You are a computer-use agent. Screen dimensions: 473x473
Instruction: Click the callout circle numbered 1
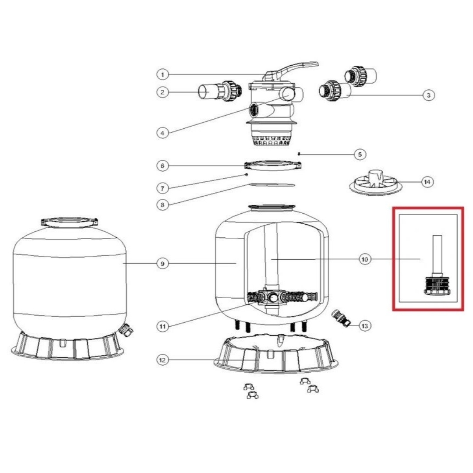[162, 74]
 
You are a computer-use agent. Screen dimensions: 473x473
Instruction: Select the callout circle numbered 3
[428, 95]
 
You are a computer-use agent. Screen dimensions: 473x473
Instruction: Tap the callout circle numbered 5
[360, 155]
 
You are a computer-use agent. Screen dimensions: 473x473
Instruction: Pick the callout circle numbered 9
[162, 264]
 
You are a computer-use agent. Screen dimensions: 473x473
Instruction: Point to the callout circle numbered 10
[365, 259]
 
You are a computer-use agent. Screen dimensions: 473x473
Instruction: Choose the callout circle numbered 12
[162, 360]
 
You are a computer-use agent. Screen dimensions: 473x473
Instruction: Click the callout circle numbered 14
[427, 182]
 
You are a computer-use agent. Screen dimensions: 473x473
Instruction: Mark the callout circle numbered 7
[162, 188]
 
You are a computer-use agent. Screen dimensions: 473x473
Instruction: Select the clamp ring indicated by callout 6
[273, 166]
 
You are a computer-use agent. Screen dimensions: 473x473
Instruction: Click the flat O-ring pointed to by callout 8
[272, 185]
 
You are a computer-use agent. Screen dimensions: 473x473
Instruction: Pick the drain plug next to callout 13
[341, 318]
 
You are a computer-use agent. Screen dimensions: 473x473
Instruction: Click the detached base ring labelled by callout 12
[276, 353]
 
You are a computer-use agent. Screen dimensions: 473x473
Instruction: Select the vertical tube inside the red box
[437, 254]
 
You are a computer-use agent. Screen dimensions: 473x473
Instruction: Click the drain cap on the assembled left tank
[126, 330]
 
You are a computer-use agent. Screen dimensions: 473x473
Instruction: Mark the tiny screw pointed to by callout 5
[299, 154]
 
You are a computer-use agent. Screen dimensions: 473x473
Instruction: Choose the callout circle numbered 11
[162, 326]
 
